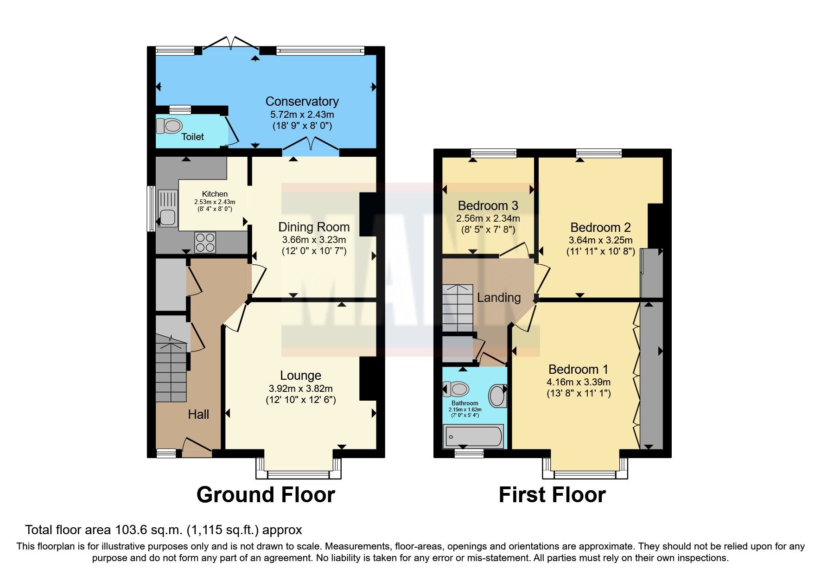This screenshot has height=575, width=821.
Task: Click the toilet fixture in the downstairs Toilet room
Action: [169, 126]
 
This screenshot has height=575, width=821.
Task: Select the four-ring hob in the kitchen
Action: [205, 242]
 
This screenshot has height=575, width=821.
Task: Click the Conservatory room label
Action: [302, 102]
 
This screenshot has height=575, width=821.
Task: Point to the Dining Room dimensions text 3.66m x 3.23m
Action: [314, 240]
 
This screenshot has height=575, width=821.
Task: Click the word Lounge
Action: [300, 375]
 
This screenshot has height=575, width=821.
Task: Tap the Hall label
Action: [198, 414]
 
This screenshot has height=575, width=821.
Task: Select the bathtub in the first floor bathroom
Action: [473, 437]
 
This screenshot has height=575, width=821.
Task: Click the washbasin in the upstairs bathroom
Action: [497, 396]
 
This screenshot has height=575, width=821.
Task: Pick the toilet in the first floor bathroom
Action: [455, 389]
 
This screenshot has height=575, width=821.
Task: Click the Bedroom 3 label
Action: [488, 205]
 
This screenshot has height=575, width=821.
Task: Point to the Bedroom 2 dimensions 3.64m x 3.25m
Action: [600, 240]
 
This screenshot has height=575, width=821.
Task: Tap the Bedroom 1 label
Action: [578, 369]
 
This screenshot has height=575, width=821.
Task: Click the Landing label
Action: [499, 297]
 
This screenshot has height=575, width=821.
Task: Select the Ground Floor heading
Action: [266, 495]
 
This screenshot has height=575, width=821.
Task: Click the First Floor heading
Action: [552, 495]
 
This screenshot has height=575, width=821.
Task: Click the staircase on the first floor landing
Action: [458, 308]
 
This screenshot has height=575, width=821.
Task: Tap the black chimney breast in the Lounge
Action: [368, 378]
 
